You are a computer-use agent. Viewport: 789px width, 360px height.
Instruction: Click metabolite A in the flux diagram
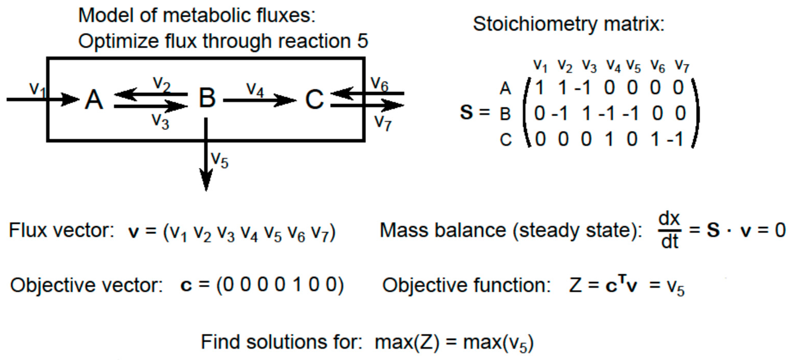tap(94, 100)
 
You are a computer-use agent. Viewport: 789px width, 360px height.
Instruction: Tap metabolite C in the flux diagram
tap(314, 100)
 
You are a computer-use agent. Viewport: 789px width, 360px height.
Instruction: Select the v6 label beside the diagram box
tap(379, 83)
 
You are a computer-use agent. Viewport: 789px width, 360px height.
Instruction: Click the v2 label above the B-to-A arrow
tap(162, 83)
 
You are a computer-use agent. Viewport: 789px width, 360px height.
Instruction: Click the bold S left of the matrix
tap(466, 112)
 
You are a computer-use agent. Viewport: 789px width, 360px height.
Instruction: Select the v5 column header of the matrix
tap(633, 66)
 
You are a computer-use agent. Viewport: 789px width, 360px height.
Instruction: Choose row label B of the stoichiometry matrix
tap(505, 114)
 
